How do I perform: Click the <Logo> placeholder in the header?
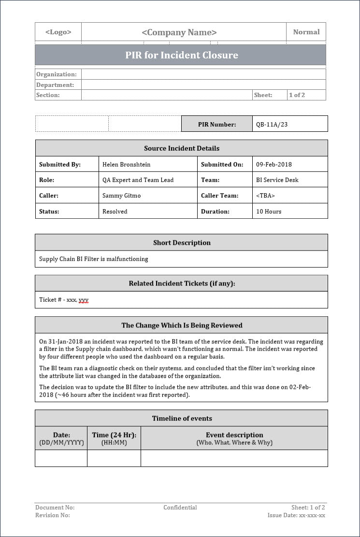click(58, 32)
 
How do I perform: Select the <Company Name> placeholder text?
click(179, 32)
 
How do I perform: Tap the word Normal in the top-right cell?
click(306, 32)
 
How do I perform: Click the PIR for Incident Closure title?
click(182, 55)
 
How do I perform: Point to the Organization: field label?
click(57, 74)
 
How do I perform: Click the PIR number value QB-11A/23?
click(272, 124)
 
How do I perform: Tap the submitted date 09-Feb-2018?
click(274, 164)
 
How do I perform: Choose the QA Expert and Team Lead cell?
click(138, 180)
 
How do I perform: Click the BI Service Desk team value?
click(277, 180)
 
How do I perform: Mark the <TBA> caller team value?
click(266, 196)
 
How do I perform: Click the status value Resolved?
click(115, 211)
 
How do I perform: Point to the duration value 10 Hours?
click(269, 211)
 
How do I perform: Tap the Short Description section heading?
click(182, 242)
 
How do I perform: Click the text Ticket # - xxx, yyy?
click(64, 300)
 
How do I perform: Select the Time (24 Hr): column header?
click(114, 435)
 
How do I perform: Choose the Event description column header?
click(234, 435)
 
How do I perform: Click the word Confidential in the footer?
click(180, 508)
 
